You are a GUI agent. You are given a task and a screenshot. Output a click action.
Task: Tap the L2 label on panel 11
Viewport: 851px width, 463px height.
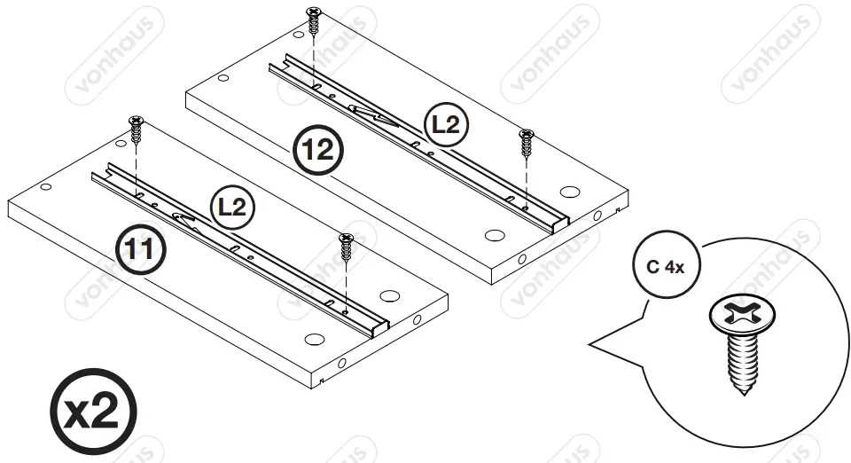click(x=231, y=208)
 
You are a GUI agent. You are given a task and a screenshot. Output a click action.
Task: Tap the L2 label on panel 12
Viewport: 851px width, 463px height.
click(x=444, y=126)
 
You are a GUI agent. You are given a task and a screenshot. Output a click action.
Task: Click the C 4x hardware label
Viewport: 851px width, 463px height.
click(x=665, y=267)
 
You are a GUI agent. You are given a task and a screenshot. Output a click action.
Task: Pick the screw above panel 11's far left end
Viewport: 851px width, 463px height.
click(x=136, y=128)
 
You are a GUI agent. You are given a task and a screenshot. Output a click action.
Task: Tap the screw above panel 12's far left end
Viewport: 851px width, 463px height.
click(x=314, y=19)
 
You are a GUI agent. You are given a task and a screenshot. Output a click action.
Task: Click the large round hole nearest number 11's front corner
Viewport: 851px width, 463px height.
click(x=313, y=339)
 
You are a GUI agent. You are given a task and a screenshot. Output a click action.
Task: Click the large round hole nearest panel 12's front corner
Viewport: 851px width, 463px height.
click(x=495, y=235)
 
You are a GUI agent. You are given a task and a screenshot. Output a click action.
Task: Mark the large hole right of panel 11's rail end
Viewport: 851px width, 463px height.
click(x=387, y=295)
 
